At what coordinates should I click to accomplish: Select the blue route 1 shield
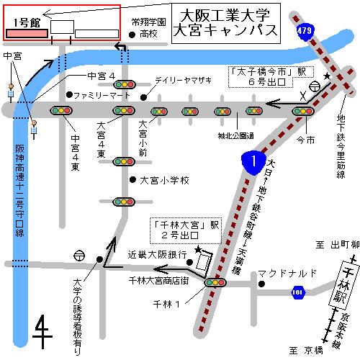(253, 161)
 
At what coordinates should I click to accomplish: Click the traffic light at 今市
(302, 111)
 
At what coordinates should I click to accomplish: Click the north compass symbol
(43, 330)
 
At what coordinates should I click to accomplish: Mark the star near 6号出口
(328, 76)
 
